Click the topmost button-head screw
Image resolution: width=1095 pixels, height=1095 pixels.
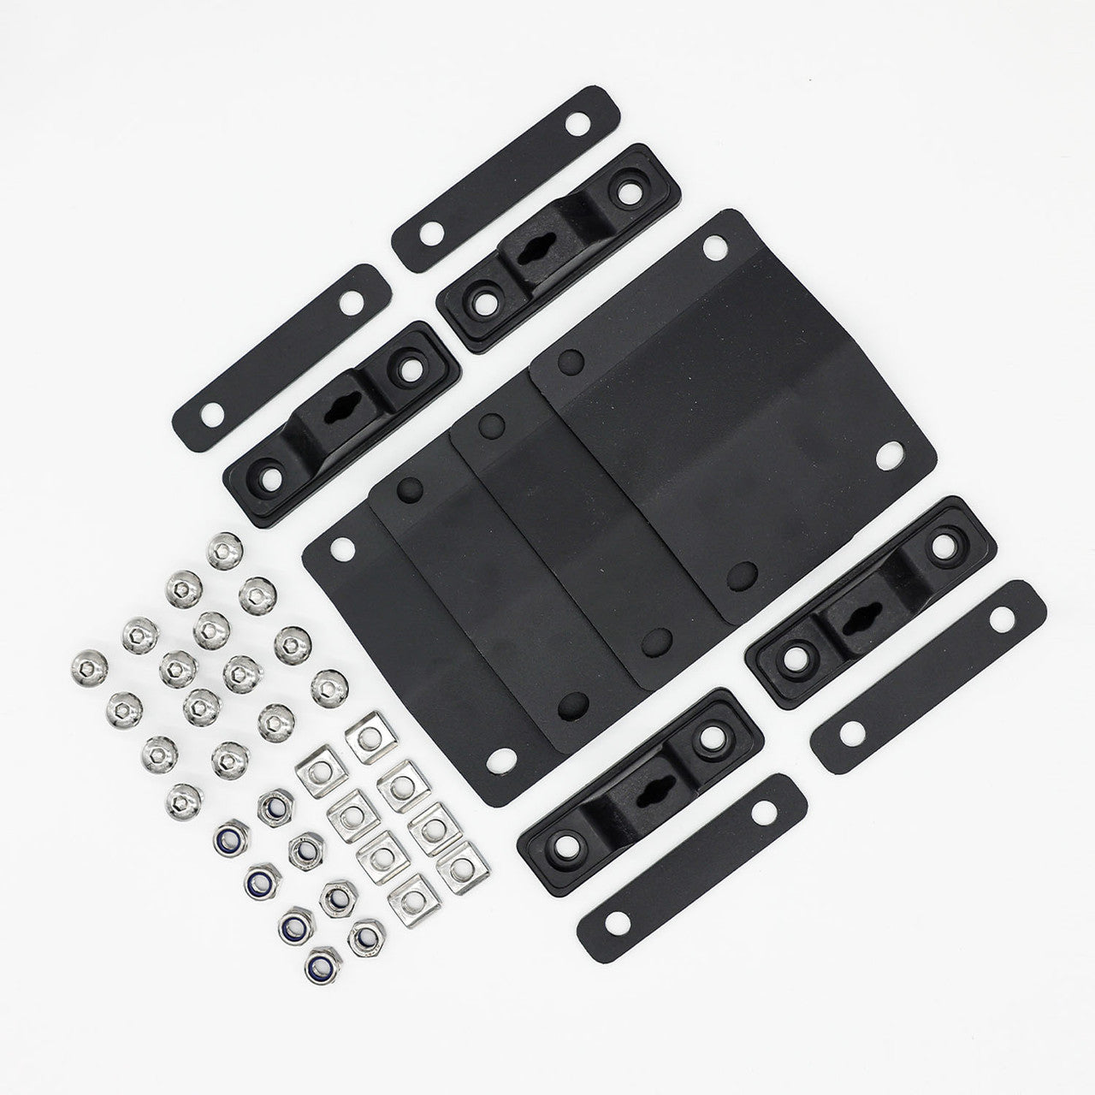pyautogui.click(x=225, y=547)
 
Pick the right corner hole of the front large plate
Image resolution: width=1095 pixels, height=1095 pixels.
pyautogui.click(x=889, y=454)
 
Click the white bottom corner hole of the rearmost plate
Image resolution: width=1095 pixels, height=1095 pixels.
pyautogui.click(x=502, y=757)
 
